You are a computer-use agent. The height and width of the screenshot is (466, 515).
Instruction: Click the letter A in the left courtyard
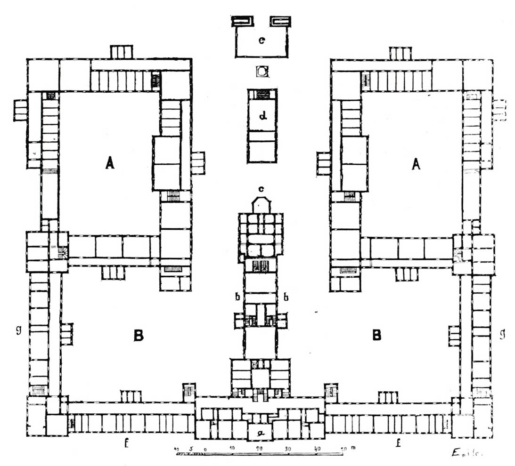click(x=109, y=163)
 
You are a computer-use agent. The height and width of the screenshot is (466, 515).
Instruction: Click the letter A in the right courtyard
click(x=415, y=163)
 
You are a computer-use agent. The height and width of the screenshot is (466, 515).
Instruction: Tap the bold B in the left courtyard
click(x=138, y=335)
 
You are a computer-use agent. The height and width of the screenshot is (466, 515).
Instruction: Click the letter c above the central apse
click(x=261, y=189)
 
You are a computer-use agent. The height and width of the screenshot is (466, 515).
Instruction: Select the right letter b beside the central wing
click(x=285, y=296)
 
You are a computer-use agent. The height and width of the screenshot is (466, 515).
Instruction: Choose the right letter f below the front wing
click(x=398, y=443)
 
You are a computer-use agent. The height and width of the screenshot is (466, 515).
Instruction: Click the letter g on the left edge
click(x=18, y=330)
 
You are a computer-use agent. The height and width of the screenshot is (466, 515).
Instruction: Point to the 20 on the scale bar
click(x=259, y=449)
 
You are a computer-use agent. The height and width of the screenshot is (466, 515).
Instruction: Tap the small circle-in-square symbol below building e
click(x=262, y=72)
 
